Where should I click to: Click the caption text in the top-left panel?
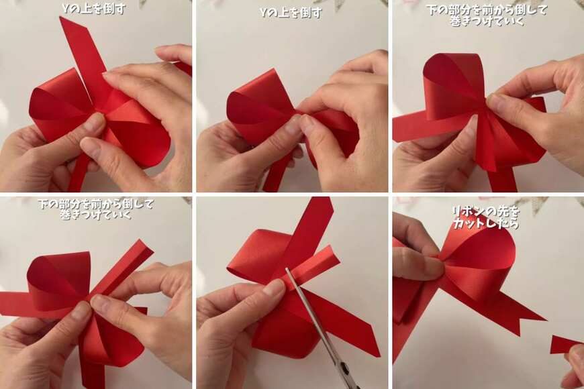[94, 9]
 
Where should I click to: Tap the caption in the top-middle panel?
[291, 13]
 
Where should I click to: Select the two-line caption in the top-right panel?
[487, 15]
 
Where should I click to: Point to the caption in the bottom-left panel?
[96, 209]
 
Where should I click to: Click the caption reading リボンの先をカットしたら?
[486, 217]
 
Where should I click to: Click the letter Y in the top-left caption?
[66, 9]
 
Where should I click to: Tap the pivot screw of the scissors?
[345, 370]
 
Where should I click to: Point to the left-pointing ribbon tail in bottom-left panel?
[15, 303]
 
